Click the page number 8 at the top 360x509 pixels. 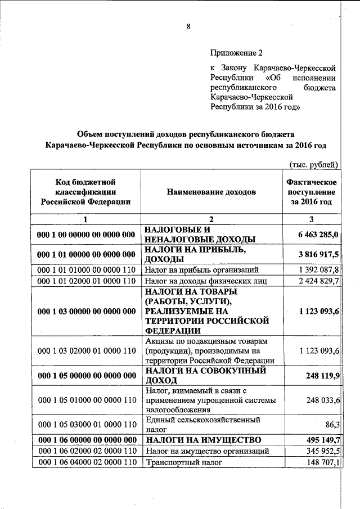(x=188, y=26)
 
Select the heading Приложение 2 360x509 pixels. (x=236, y=53)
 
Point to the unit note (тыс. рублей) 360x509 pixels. (x=313, y=164)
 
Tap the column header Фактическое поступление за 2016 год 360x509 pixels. (x=311, y=192)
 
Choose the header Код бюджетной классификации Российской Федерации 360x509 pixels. (x=85, y=192)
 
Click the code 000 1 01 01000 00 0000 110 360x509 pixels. (x=85, y=270)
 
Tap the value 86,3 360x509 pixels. (x=330, y=424)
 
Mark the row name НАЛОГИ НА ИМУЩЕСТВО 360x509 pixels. (x=202, y=439)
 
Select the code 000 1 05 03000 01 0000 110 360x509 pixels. (x=85, y=424)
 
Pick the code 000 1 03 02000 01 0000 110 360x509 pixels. (x=85, y=351)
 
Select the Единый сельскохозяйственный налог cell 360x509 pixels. (x=202, y=424)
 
